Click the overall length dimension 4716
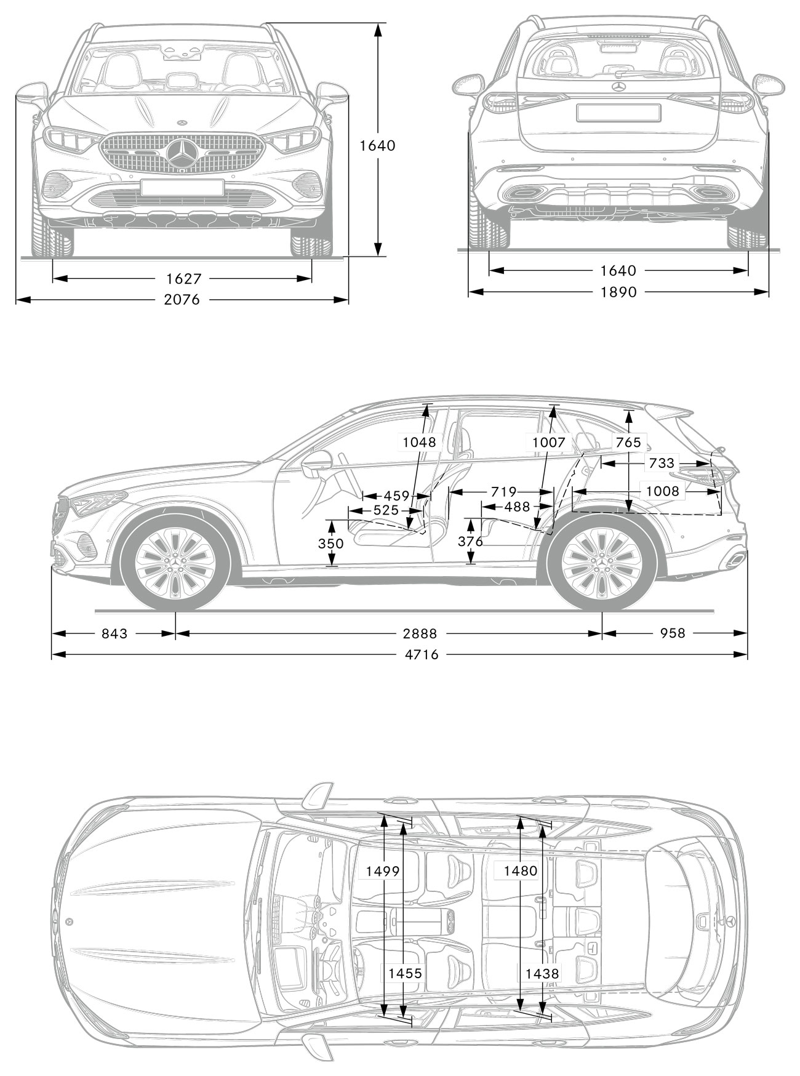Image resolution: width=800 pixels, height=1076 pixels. click(422, 654)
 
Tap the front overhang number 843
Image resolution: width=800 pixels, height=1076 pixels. click(114, 633)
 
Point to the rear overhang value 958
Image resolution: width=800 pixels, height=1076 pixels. click(672, 633)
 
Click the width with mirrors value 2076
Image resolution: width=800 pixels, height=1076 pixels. click(183, 300)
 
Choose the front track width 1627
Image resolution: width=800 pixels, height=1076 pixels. click(184, 279)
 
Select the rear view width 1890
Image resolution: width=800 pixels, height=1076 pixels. click(619, 292)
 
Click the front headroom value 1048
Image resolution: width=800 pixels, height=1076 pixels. click(420, 442)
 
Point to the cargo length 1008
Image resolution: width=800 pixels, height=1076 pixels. click(662, 491)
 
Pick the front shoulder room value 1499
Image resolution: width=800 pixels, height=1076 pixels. click(383, 871)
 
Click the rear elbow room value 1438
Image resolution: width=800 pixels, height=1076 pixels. click(542, 973)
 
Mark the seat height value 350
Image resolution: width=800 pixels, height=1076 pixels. click(330, 543)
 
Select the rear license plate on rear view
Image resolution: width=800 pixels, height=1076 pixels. click(618, 113)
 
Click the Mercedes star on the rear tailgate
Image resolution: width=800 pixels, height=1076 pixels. click(619, 87)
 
